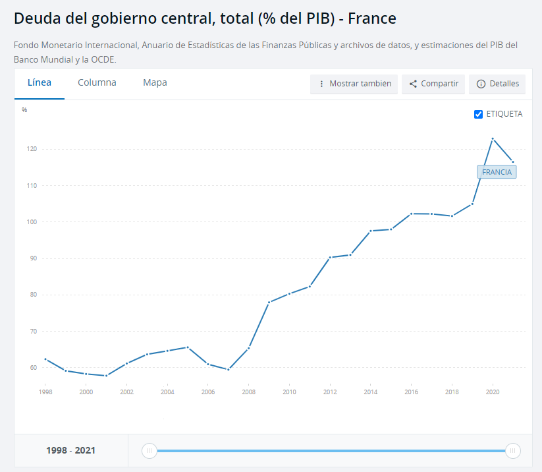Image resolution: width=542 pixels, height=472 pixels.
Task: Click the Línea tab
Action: [x=40, y=83]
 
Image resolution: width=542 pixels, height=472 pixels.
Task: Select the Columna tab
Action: [x=97, y=83]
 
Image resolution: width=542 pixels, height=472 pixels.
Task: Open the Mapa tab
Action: [x=155, y=83]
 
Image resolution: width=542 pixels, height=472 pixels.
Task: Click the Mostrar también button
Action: [x=354, y=84]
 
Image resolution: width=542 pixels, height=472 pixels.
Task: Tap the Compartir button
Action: [x=433, y=84]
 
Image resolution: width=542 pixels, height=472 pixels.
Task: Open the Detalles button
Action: [x=497, y=84]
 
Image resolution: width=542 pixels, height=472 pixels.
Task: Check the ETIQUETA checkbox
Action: [x=479, y=114]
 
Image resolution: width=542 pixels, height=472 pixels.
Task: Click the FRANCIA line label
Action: [x=497, y=172]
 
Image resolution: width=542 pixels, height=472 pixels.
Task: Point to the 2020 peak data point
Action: [x=493, y=138]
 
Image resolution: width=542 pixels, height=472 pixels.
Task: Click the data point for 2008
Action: [x=249, y=347]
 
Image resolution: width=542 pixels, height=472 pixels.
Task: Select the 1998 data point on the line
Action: [x=45, y=359]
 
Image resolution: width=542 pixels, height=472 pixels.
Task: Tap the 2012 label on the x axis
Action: [x=330, y=392]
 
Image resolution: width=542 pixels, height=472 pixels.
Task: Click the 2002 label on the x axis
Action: [x=127, y=392]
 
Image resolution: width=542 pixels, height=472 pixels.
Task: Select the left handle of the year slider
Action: [x=149, y=451]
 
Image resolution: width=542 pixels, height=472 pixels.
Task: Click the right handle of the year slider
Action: [x=512, y=451]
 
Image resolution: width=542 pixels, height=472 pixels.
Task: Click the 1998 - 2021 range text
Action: [x=70, y=451]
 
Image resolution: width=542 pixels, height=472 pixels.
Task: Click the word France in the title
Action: [x=372, y=18]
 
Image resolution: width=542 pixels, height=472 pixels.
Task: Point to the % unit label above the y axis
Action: [x=24, y=110]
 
